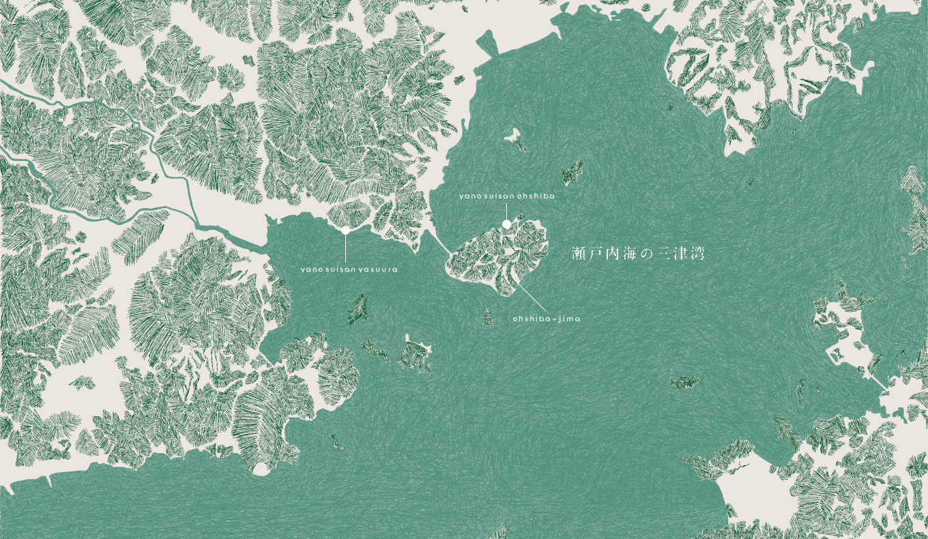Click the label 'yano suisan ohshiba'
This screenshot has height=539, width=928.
point(506,195)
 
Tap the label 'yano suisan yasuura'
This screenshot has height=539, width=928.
point(349,269)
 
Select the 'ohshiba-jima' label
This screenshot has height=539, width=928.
point(546,319)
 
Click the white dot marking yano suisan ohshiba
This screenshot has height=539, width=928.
point(506,224)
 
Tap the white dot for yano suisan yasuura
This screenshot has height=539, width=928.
point(345,231)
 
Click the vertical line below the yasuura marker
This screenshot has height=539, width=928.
point(345,249)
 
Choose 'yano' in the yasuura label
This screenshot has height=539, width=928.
point(310,269)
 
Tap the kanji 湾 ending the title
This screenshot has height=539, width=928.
point(696,254)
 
